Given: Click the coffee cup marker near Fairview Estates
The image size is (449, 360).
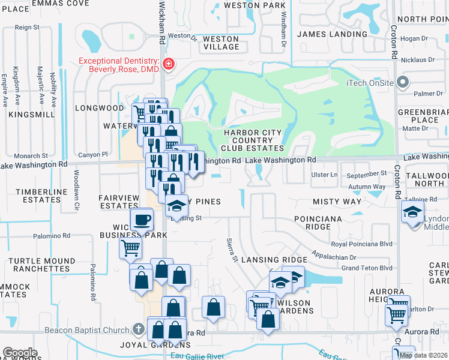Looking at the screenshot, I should pos(142,219).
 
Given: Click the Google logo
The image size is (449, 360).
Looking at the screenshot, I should pos(20,353).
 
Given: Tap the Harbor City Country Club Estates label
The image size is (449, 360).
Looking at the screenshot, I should pos(252,140).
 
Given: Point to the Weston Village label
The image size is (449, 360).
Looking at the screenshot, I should pos(221,43).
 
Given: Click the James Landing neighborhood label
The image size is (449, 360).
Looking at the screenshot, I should pos(332,34).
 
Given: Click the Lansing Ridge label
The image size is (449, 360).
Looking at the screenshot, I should pos(274,259).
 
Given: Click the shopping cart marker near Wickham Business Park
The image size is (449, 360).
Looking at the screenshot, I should pos(130,247).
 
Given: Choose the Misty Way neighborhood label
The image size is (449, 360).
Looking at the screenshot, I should pos(337,202).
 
